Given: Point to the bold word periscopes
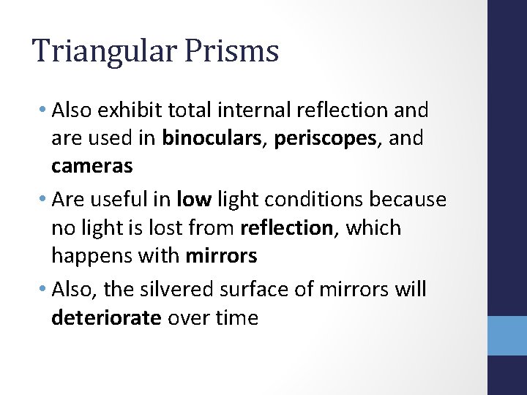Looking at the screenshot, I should pyautogui.click(x=321, y=138).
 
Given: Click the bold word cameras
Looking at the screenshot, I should pyautogui.click(x=92, y=166).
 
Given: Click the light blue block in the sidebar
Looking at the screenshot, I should pyautogui.click(x=507, y=336).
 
